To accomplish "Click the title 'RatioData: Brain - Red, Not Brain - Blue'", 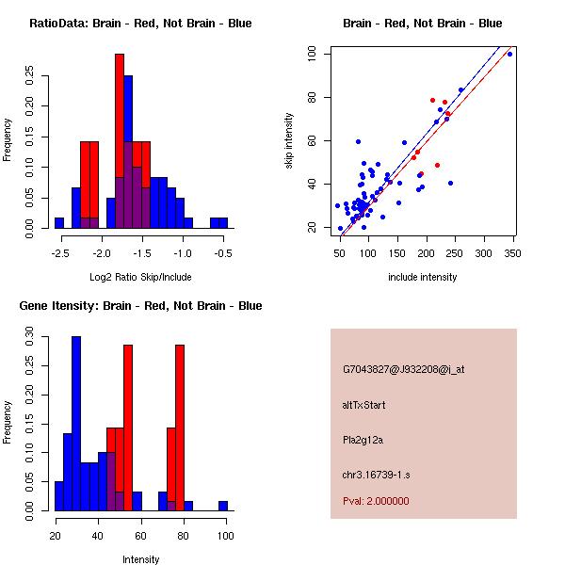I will [140, 24].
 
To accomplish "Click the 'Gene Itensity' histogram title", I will [140, 306].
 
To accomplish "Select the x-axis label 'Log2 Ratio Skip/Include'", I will [140, 277].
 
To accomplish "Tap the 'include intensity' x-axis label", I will [422, 277].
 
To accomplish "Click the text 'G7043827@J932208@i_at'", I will [403, 369].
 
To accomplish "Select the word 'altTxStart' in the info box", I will [364, 405].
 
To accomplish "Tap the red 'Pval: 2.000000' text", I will [376, 501].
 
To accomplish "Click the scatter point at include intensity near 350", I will [509, 54].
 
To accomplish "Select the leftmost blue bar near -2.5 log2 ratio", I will [59, 222].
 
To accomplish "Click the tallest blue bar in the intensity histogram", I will [76, 424].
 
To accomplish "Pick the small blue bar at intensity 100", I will [223, 506].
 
